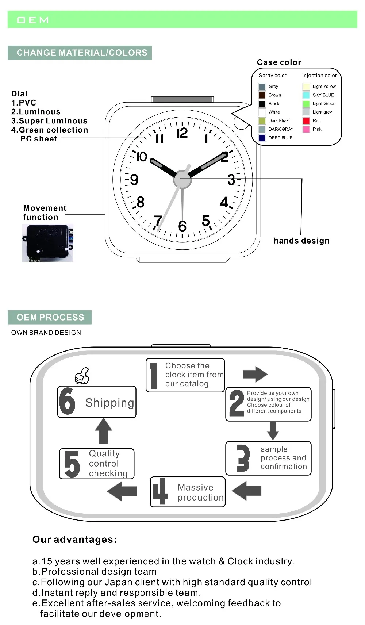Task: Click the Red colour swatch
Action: click(306, 121)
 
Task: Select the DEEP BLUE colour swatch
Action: click(262, 138)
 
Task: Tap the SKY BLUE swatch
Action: click(306, 95)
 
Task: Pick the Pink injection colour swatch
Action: click(306, 129)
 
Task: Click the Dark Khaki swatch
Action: click(262, 121)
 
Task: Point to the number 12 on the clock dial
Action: click(182, 133)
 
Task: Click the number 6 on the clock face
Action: click(182, 227)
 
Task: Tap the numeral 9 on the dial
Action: click(134, 180)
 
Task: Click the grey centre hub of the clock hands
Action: click(182, 179)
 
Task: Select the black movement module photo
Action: click(47, 243)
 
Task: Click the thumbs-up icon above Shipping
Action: click(82, 376)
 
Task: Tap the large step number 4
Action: click(160, 491)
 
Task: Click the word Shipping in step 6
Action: click(109, 403)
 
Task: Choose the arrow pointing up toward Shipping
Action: click(104, 431)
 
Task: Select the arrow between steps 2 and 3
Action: click(273, 431)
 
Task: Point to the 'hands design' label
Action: click(301, 241)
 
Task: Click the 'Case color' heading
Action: click(279, 62)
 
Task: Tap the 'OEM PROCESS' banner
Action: click(50, 317)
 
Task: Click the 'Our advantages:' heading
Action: click(75, 540)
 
